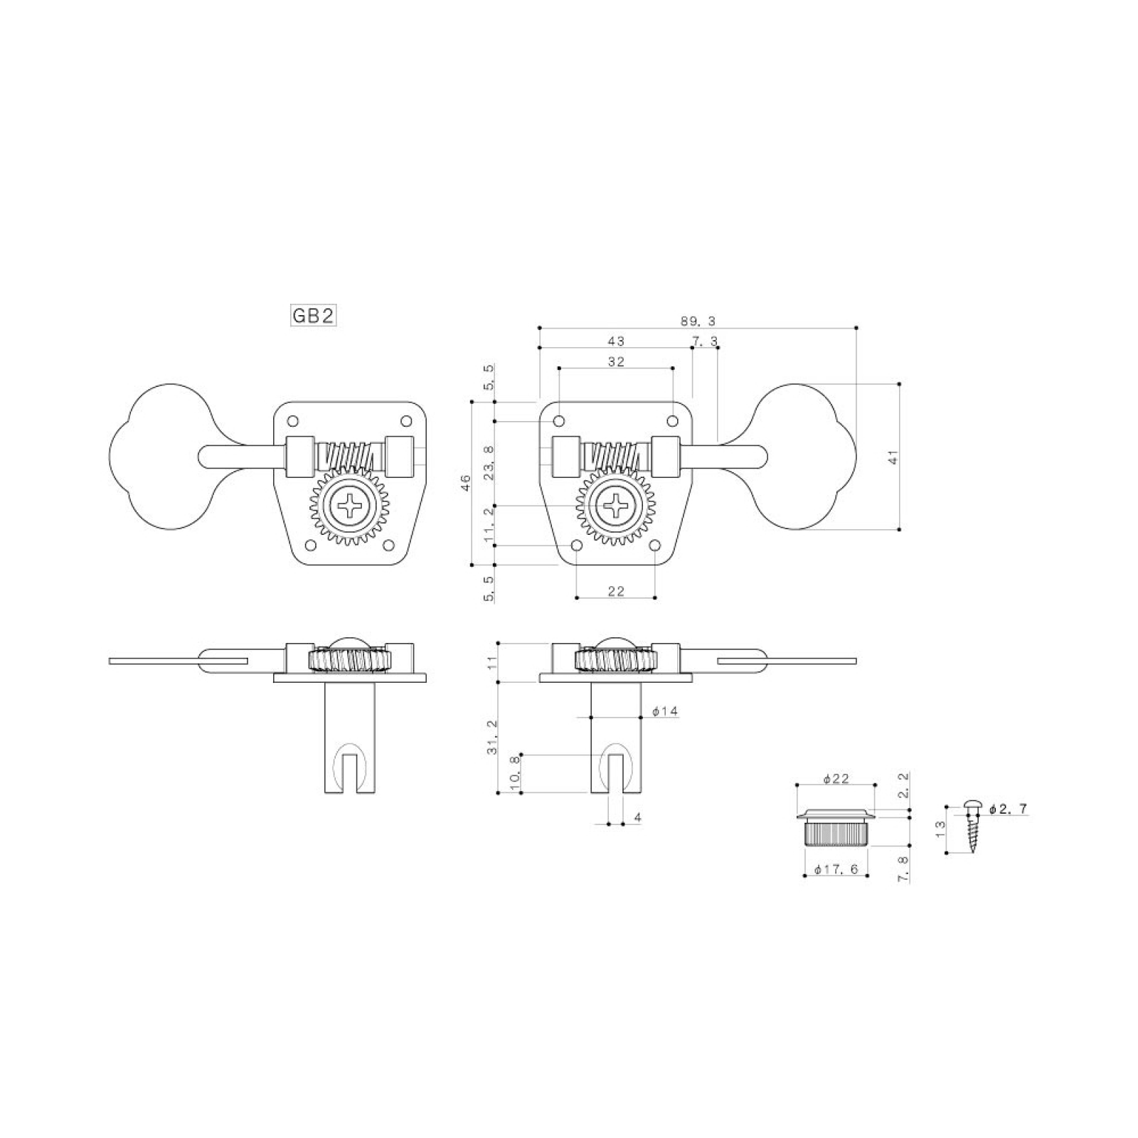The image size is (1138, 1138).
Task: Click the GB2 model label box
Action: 313,316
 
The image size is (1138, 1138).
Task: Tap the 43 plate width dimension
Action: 616,341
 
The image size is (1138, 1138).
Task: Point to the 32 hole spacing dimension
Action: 616,361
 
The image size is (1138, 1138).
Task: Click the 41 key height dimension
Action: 894,457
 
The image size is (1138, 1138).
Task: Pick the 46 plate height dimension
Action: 467,484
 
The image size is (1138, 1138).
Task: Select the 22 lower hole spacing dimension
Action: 616,590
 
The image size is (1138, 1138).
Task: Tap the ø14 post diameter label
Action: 665,711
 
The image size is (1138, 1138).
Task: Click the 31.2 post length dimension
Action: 493,737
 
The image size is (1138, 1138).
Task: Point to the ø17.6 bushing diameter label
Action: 836,869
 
